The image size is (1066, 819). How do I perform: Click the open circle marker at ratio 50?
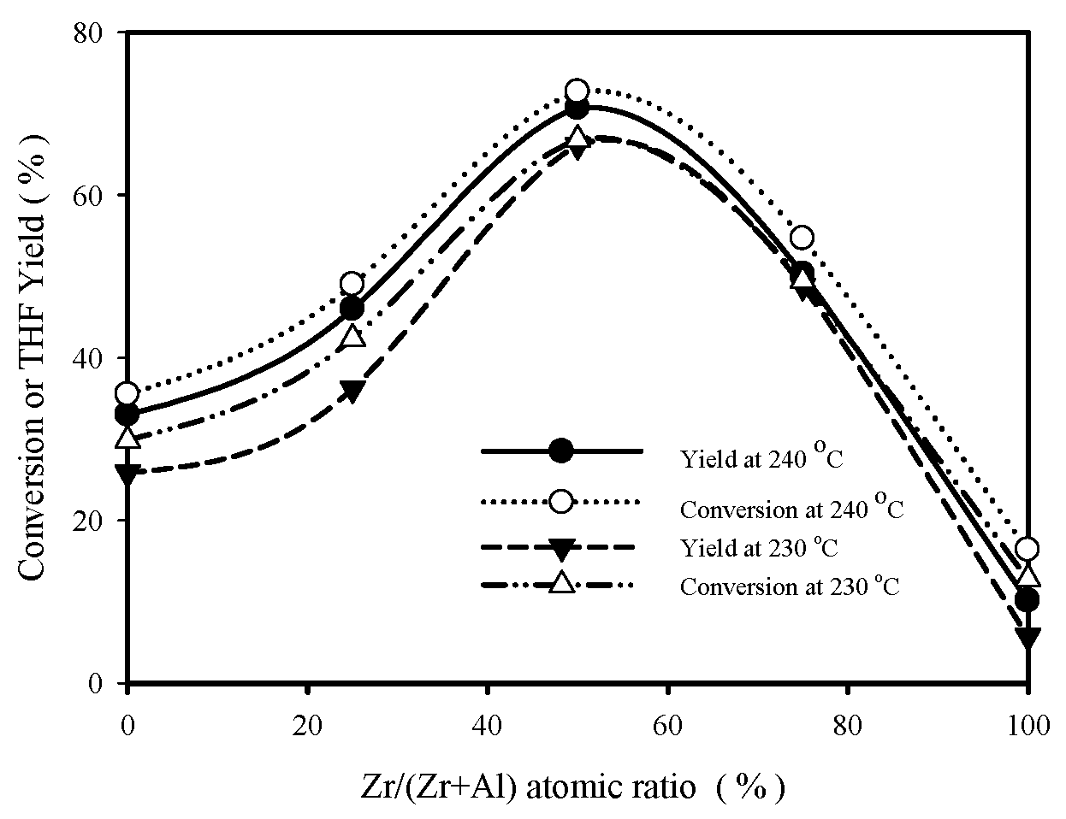[577, 91]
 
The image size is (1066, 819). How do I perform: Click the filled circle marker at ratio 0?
[127, 415]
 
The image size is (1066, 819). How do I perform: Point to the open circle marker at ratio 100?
[1028, 549]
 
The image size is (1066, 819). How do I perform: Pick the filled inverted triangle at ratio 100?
[1028, 638]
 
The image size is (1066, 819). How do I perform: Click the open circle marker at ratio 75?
[802, 238]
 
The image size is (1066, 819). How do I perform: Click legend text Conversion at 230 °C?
[790, 587]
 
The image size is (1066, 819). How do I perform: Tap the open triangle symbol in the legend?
[561, 584]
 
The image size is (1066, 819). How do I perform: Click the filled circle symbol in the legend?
[561, 451]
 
